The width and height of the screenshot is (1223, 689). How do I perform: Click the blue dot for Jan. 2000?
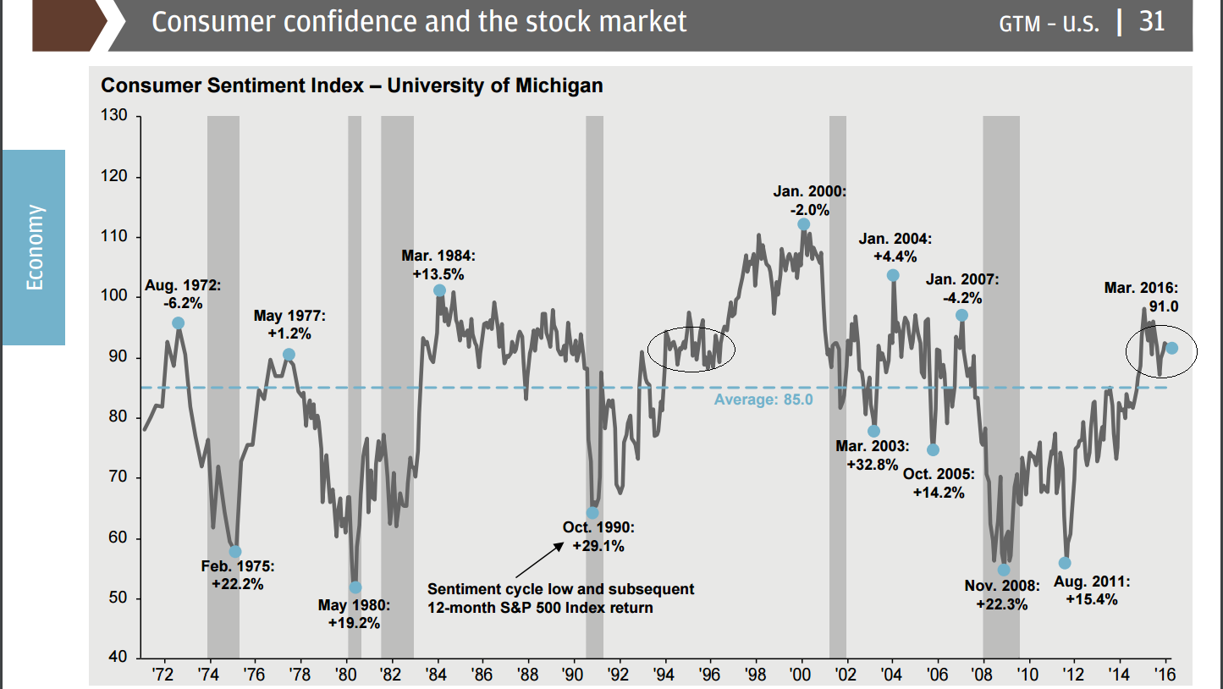(x=803, y=224)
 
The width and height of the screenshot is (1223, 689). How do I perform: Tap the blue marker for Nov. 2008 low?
(x=1004, y=570)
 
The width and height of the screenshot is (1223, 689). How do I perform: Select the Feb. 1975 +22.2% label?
(x=238, y=575)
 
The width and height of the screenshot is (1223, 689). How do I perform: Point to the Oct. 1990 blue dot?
(x=592, y=513)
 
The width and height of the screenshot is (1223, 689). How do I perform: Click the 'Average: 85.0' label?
(x=763, y=399)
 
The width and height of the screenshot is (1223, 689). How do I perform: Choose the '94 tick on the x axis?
(x=664, y=675)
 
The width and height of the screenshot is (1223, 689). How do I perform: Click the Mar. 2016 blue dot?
(x=1172, y=348)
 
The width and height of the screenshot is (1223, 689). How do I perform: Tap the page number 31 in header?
(x=1152, y=21)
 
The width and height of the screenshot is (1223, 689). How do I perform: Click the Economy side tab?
(x=34, y=247)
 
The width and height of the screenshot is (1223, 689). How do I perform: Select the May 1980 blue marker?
(x=355, y=587)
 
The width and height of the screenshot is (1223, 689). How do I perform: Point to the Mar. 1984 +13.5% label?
(x=438, y=264)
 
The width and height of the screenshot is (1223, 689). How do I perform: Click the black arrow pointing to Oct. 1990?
(x=538, y=559)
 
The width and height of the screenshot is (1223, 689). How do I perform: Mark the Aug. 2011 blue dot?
(x=1065, y=563)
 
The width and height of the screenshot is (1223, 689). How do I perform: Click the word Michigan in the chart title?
(x=559, y=85)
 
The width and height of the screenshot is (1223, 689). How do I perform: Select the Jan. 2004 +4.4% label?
(x=895, y=247)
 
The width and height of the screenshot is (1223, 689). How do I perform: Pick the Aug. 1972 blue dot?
(x=178, y=322)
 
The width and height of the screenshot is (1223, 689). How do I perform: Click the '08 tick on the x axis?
(x=983, y=675)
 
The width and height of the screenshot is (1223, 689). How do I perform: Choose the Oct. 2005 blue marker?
(x=933, y=449)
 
